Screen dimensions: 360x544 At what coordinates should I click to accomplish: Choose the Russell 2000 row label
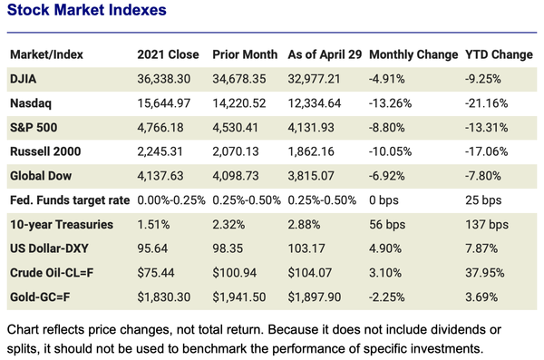tap(46, 151)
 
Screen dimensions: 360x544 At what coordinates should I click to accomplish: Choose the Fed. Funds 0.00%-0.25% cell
tap(171, 200)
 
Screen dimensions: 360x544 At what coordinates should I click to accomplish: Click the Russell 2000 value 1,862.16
tap(314, 151)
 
